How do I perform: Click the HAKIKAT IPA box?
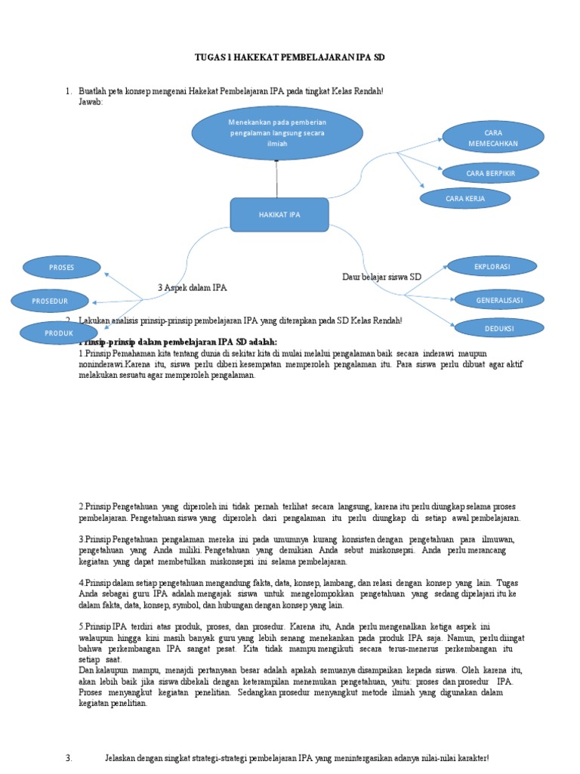[x=279, y=215]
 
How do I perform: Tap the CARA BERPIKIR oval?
[x=490, y=173]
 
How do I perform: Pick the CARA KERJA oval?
[x=465, y=199]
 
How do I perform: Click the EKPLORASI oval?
[x=492, y=267]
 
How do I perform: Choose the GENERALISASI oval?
[x=498, y=299]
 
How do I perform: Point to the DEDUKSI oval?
[x=498, y=328]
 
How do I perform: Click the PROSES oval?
[x=61, y=268]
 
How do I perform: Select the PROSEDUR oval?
[x=50, y=301]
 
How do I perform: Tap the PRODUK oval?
[x=58, y=333]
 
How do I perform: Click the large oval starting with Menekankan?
[x=277, y=133]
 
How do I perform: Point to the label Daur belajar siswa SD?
[x=381, y=277]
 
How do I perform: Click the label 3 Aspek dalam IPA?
[x=192, y=288]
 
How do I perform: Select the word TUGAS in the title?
[x=211, y=57]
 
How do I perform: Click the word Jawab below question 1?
[x=90, y=101]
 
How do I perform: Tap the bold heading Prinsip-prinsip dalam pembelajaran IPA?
[x=177, y=342]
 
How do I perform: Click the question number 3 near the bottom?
[x=69, y=757]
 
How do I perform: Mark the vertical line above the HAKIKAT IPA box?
[x=277, y=179]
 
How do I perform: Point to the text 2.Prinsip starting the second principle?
[x=96, y=506]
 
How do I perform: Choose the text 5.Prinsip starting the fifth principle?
[x=96, y=627]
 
